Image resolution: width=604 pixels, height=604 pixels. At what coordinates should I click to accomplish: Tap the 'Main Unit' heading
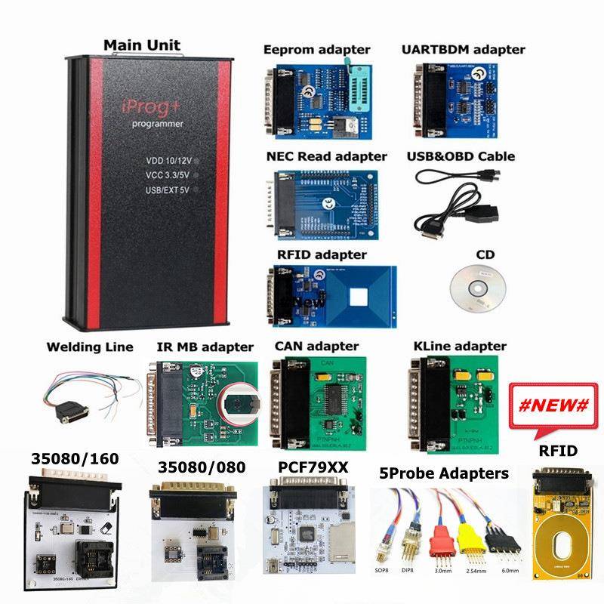[143, 45]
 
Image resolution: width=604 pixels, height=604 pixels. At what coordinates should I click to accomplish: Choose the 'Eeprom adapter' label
[316, 50]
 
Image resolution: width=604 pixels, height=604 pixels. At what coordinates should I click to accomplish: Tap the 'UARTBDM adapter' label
[463, 50]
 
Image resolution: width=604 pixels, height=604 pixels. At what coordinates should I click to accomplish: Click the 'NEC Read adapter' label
[326, 156]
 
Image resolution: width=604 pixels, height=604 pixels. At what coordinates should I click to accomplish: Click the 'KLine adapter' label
[460, 346]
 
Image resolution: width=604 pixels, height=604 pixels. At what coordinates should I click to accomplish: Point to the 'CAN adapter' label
[316, 346]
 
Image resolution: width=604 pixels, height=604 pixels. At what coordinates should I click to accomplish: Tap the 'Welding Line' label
[90, 347]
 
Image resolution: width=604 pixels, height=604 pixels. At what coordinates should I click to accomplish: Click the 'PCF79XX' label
[313, 467]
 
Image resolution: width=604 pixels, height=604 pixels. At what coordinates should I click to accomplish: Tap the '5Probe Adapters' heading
[442, 473]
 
